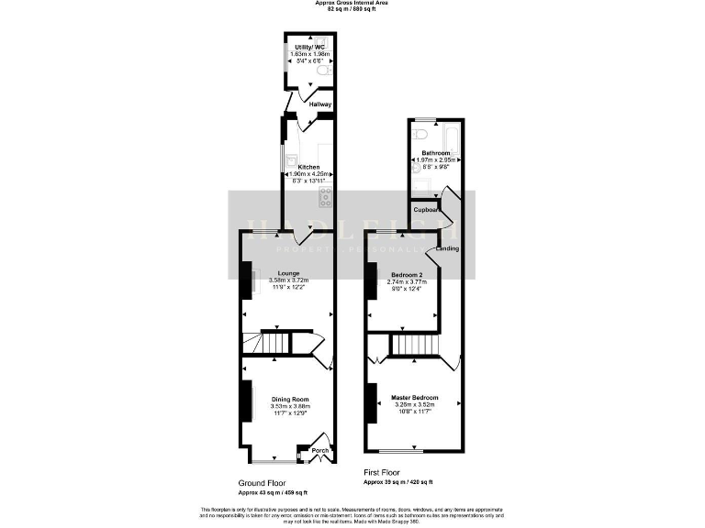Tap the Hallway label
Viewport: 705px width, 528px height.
point(319,104)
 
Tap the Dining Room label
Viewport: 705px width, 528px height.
point(289,400)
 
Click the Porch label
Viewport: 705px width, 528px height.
point(319,451)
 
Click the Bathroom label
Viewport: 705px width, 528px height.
point(435,153)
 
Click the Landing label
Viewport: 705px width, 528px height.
point(447,248)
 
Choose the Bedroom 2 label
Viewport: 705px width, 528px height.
point(407,275)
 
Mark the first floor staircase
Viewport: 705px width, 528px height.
point(411,345)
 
